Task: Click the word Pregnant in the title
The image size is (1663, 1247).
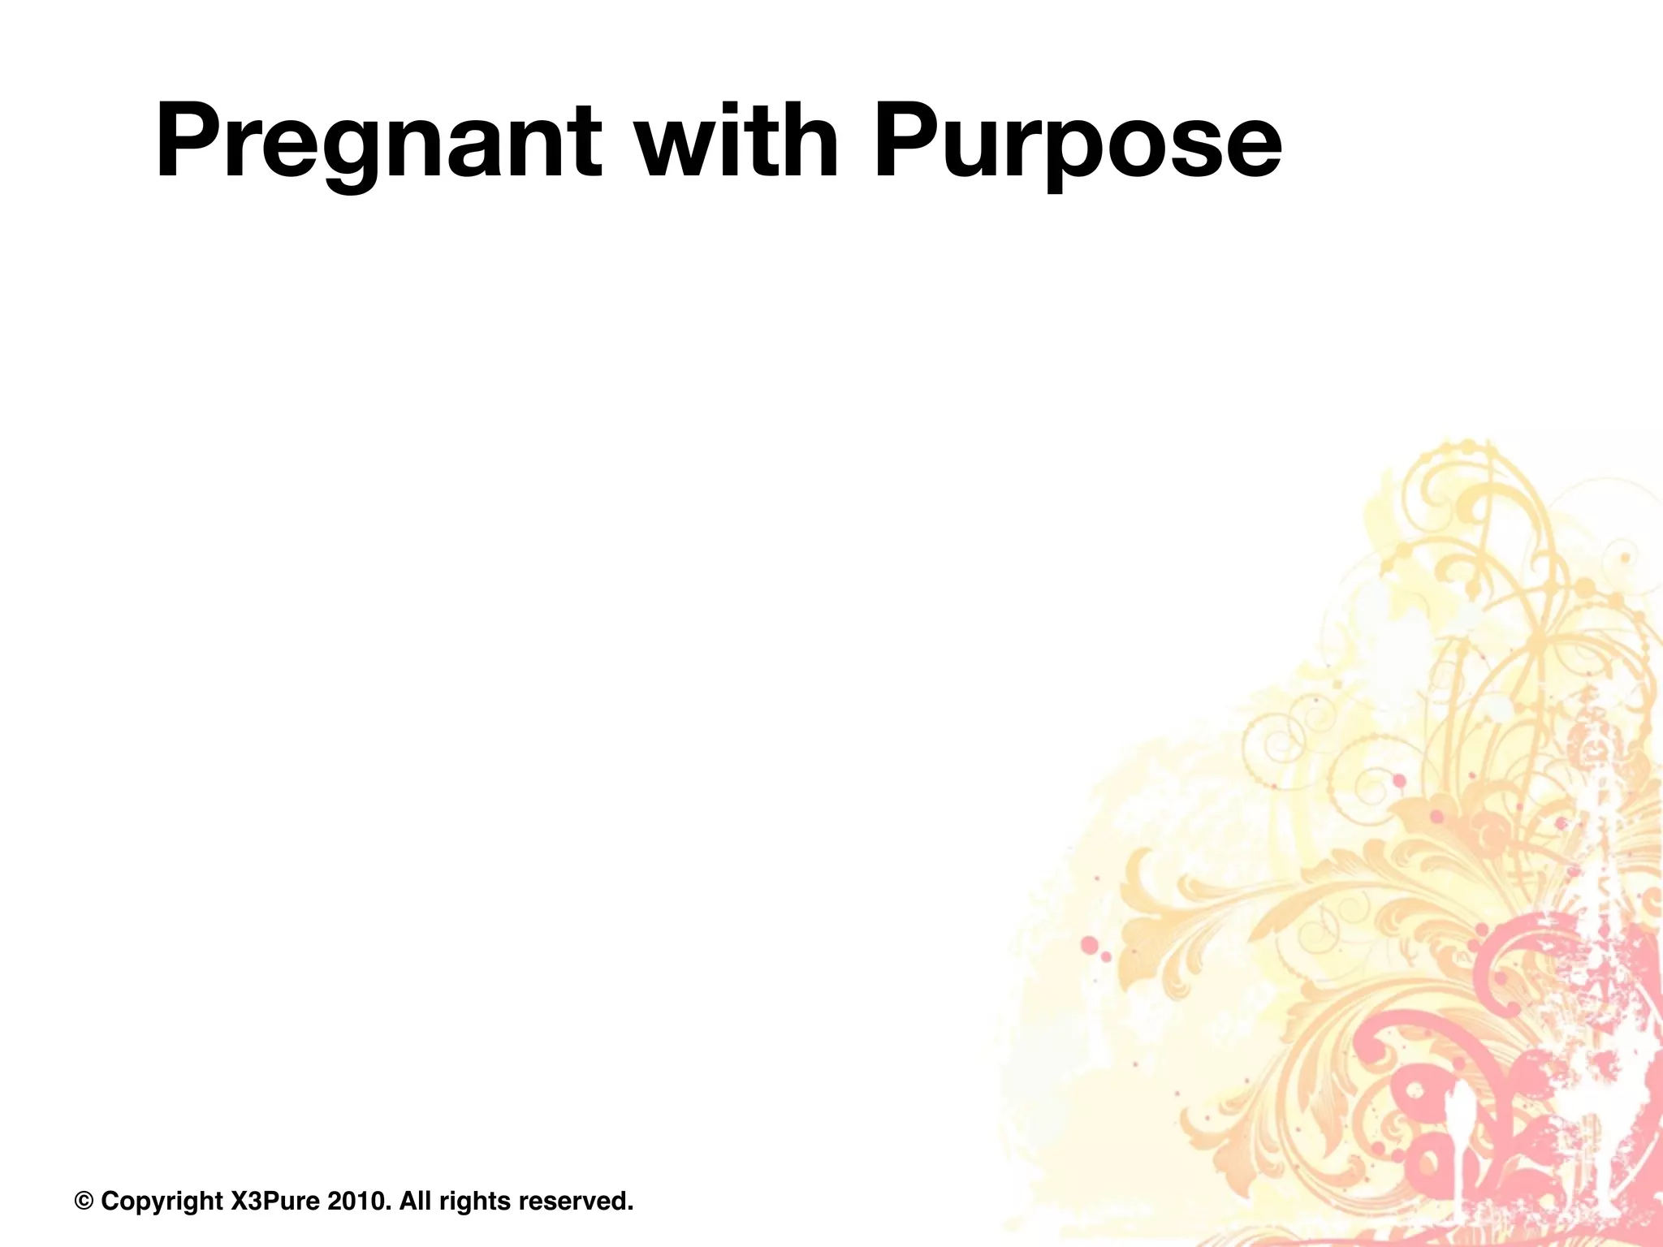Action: click(378, 142)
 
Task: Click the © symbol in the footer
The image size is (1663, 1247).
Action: click(84, 1201)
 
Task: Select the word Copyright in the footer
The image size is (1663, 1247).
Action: click(162, 1202)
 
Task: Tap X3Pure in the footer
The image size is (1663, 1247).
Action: click(276, 1201)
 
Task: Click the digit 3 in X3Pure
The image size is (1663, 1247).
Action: click(251, 1201)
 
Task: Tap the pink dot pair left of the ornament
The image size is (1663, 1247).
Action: click(1095, 949)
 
